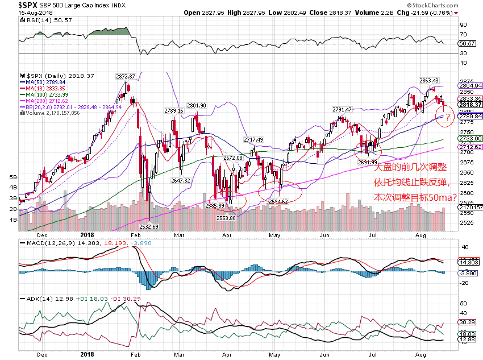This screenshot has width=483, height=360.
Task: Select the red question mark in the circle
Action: tap(447, 118)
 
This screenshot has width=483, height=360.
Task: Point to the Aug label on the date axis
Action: tap(420, 234)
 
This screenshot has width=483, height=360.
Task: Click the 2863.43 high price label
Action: tap(430, 80)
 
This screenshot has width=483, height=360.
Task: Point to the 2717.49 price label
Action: tap(253, 139)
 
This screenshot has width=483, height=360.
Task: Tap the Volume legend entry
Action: tap(54, 113)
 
